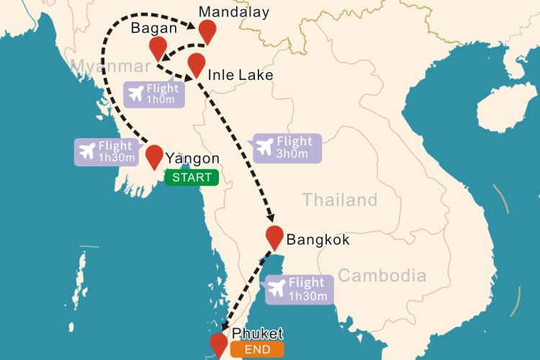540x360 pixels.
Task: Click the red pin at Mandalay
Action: pyautogui.click(x=207, y=31)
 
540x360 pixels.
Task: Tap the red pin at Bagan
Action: pyautogui.click(x=158, y=48)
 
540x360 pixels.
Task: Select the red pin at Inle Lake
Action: pyautogui.click(x=196, y=63)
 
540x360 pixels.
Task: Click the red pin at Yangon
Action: pyautogui.click(x=154, y=156)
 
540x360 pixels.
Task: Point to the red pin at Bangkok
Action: pyautogui.click(x=274, y=236)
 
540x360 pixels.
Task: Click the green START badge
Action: pyautogui.click(x=191, y=177)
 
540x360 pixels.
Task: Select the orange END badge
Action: pyautogui.click(x=257, y=351)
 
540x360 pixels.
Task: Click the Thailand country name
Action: pyautogui.click(x=339, y=199)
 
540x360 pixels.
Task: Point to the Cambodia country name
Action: pyautogui.click(x=382, y=275)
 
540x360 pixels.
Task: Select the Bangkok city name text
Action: pyautogui.click(x=318, y=240)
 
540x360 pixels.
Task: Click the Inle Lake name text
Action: pyautogui.click(x=240, y=75)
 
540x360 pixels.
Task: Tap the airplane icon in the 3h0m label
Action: pyautogui.click(x=264, y=148)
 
